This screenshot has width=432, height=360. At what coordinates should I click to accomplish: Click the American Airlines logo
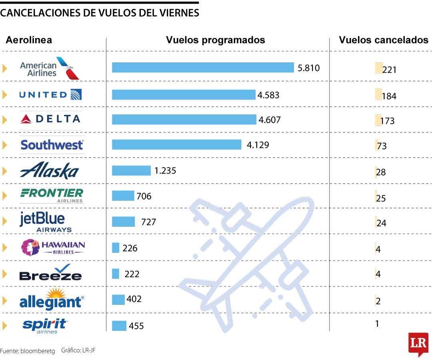point(49,68)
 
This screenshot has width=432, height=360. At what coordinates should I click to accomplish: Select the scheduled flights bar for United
point(183,95)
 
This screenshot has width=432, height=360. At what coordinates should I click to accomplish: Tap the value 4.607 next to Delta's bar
point(270,120)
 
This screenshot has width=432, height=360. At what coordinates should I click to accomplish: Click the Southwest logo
point(52,144)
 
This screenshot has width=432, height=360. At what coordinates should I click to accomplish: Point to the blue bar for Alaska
point(131,171)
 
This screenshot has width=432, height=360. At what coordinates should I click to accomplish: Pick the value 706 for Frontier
point(144,196)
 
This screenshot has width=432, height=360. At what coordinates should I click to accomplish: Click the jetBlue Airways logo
point(45,222)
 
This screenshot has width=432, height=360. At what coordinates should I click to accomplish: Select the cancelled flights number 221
point(389,70)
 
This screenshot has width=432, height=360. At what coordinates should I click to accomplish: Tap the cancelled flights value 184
point(389,96)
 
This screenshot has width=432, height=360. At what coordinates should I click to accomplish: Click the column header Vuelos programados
point(216,40)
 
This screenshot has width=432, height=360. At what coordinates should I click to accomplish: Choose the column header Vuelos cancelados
point(383,40)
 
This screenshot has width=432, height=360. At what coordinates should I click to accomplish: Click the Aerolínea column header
point(29,40)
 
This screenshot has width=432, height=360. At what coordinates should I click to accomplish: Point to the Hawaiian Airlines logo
point(52,247)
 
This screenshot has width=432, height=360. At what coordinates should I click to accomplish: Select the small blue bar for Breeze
point(116,274)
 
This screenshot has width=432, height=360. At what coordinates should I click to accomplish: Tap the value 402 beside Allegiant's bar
point(134,299)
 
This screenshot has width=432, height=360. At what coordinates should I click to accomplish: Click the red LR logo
point(418,343)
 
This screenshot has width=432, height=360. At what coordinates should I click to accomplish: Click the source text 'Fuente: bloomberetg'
point(27,351)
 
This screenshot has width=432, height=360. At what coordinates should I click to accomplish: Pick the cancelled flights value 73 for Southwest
point(382,146)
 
